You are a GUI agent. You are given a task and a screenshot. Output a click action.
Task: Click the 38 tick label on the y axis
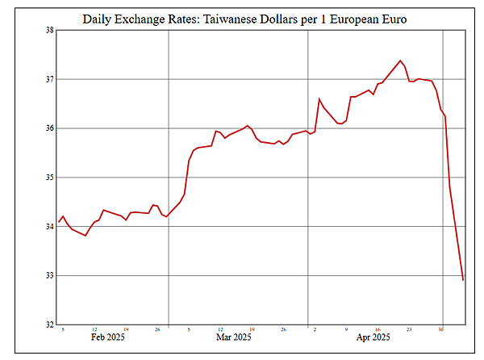pyautogui.click(x=49, y=31)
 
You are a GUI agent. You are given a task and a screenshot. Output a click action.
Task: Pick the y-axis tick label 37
pyautogui.click(x=49, y=79)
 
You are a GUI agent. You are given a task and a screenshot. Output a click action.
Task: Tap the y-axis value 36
pyautogui.click(x=49, y=128)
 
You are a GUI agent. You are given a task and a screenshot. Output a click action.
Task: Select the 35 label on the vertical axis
pyautogui.click(x=49, y=178)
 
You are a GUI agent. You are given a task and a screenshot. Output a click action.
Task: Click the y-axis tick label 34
pyautogui.click(x=49, y=227)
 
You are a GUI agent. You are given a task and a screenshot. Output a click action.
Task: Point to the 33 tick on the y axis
pyautogui.click(x=49, y=275)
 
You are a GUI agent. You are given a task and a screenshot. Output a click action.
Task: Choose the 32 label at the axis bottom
pyautogui.click(x=49, y=324)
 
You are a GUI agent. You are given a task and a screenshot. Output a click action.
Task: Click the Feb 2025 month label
pyautogui.click(x=107, y=337)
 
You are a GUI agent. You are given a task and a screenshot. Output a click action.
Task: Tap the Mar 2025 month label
pyautogui.click(x=235, y=337)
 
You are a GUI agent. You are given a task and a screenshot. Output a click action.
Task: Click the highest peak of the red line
pyautogui.click(x=401, y=60)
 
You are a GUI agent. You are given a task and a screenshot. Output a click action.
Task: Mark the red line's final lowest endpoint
pyautogui.click(x=463, y=280)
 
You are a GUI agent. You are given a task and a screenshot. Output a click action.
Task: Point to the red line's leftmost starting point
pyautogui.click(x=60, y=222)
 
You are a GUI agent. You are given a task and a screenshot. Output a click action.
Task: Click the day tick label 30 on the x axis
pyautogui.click(x=440, y=329)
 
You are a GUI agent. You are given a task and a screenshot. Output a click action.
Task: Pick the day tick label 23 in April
pyautogui.click(x=409, y=329)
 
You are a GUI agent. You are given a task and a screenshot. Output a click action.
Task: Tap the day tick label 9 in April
pyautogui.click(x=346, y=329)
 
